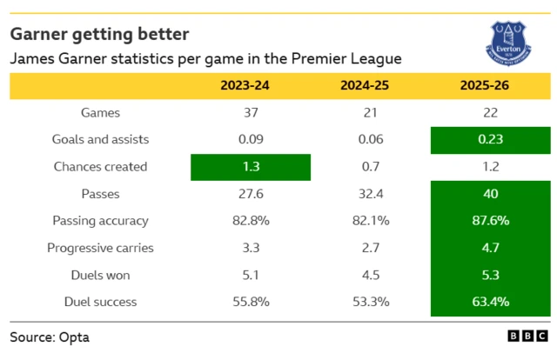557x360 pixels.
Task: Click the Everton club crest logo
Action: (x=509, y=40)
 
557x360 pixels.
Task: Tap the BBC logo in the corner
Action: (x=527, y=336)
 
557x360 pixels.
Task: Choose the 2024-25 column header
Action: (x=369, y=85)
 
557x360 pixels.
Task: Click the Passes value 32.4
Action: (x=369, y=194)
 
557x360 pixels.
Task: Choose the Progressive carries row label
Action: (x=100, y=248)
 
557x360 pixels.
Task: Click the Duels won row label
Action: (x=100, y=275)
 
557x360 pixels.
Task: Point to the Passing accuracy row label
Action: (x=100, y=221)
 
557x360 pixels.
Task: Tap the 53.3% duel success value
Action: (x=369, y=302)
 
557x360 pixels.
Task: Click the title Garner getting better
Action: (x=99, y=34)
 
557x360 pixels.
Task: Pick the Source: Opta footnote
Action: (x=50, y=336)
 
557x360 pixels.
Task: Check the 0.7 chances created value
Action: (x=369, y=166)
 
